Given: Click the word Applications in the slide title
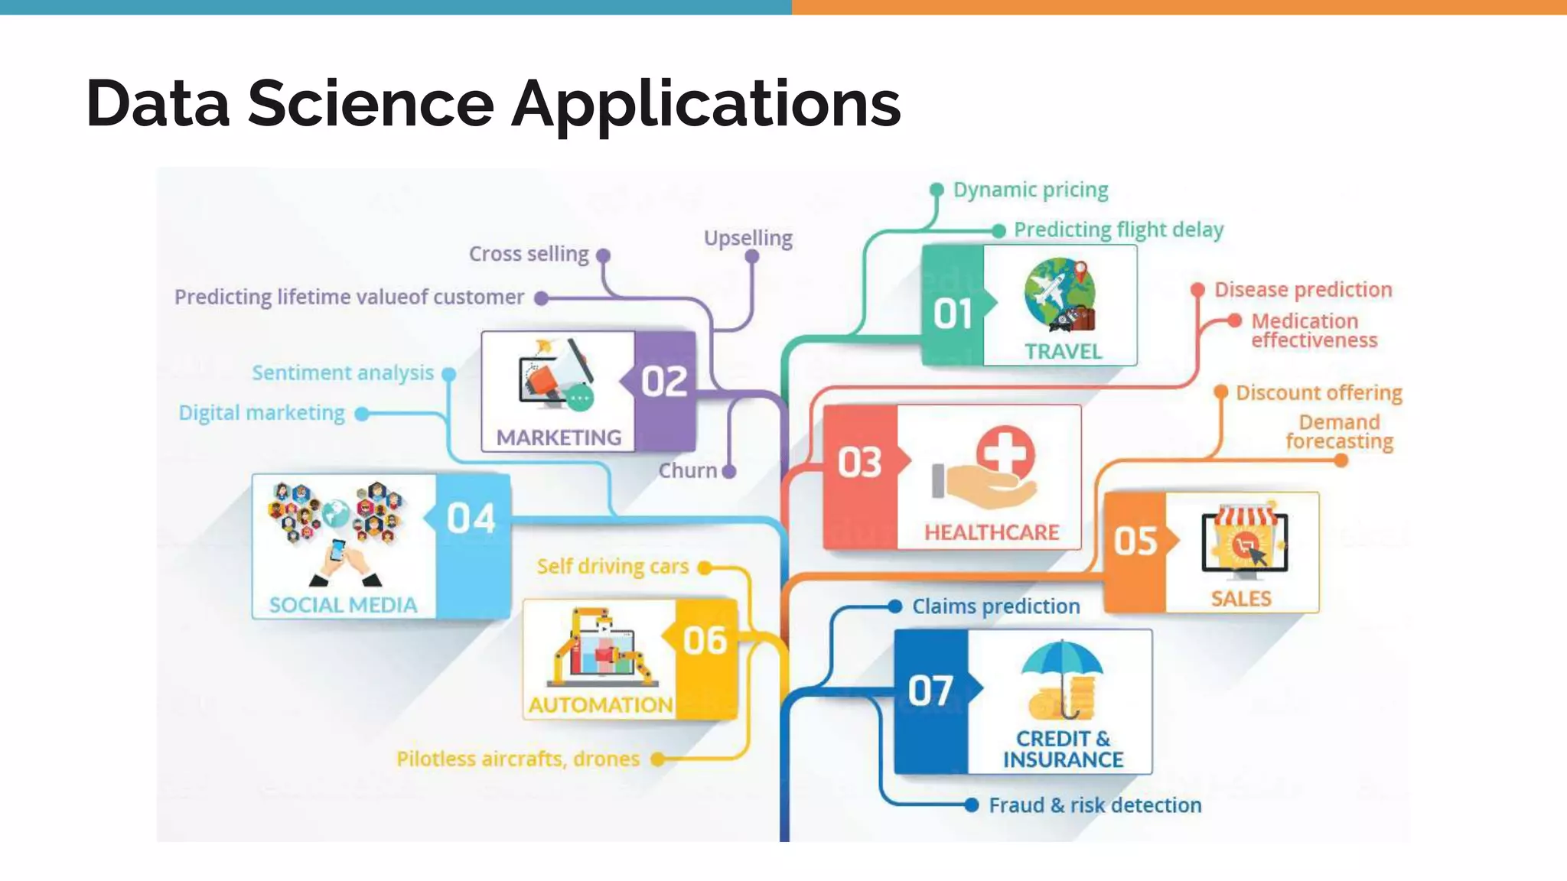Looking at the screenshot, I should (705, 104).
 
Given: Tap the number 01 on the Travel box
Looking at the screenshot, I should (953, 314).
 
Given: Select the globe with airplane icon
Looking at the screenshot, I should (1060, 295).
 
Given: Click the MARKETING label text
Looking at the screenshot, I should (559, 437).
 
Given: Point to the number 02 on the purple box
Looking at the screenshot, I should (664, 381).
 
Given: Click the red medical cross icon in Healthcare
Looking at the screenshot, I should (1005, 452).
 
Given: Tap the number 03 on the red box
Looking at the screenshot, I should (859, 463).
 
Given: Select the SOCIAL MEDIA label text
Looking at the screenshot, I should (343, 605).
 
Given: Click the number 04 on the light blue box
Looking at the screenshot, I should (471, 519).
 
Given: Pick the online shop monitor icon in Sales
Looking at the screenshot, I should (1244, 542).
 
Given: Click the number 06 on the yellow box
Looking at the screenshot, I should (705, 641).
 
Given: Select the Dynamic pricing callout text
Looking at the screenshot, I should (1030, 190).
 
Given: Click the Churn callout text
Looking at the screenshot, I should (687, 470).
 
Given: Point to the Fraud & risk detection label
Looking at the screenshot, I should (1094, 805).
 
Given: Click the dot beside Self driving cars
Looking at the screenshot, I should (705, 567).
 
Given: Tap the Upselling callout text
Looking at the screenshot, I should (748, 238).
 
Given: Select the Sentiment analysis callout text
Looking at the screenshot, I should (343, 372).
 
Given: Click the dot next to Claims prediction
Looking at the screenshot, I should (894, 606).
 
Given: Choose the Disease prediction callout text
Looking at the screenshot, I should (1303, 290).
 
